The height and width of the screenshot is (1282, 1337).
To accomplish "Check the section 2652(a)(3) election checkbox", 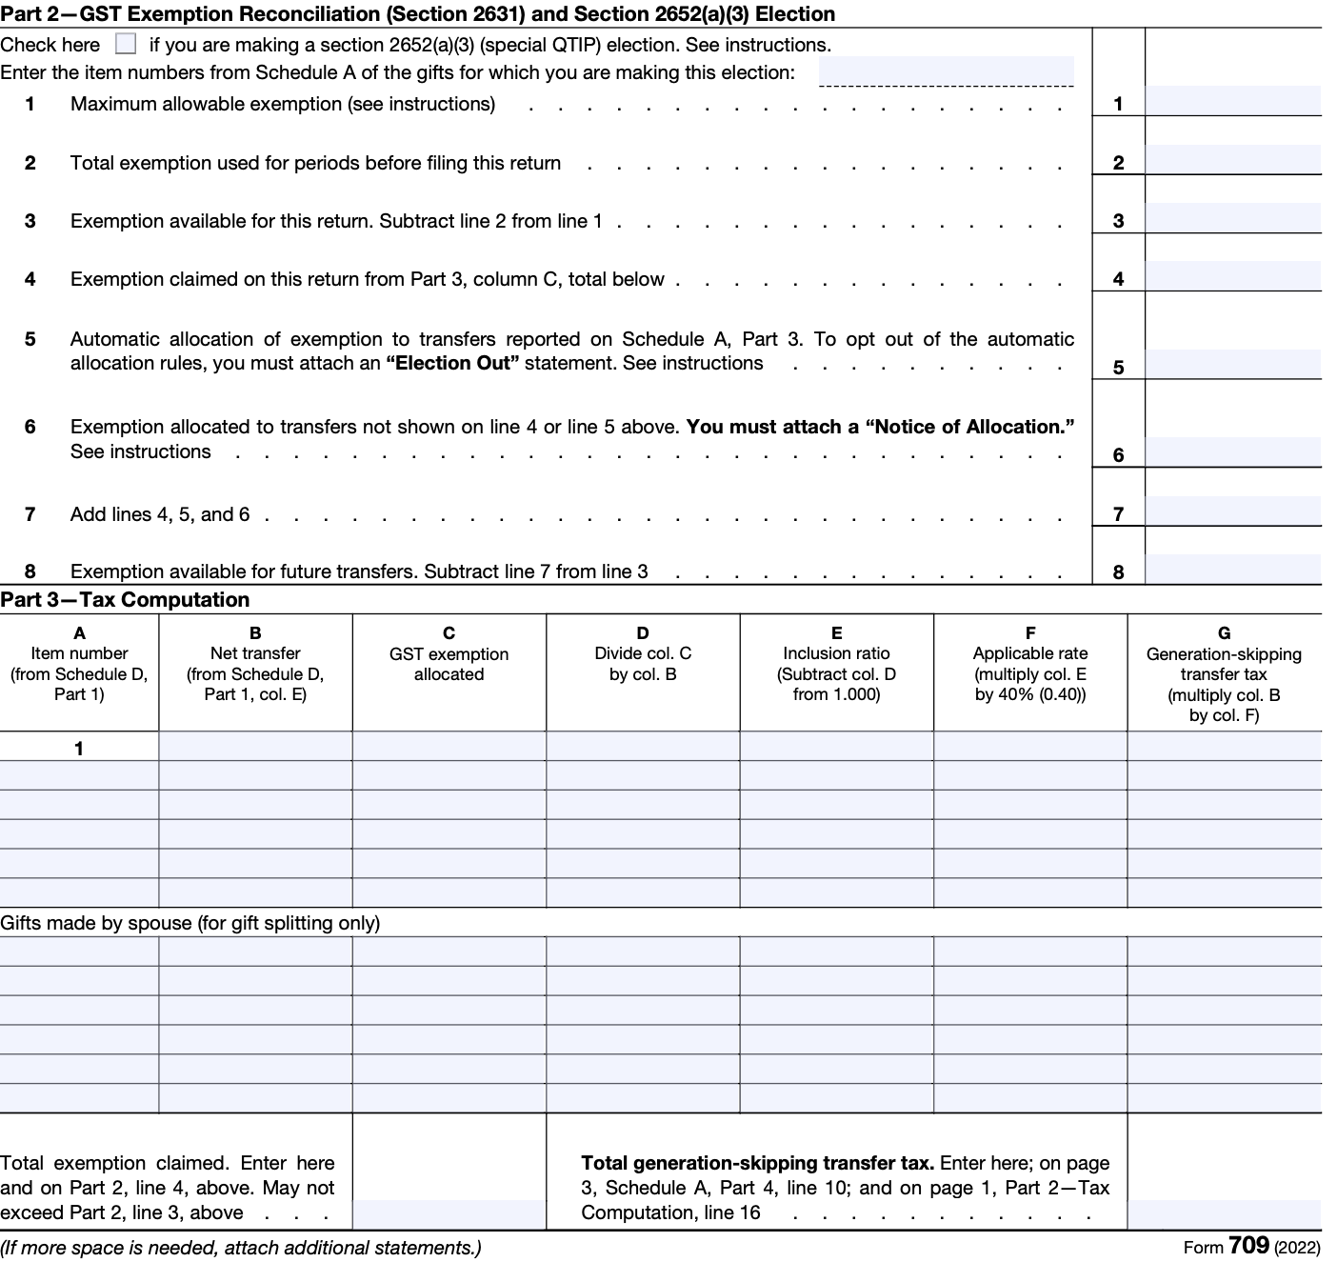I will coord(125,45).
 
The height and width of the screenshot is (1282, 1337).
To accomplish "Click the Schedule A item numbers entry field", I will coord(946,71).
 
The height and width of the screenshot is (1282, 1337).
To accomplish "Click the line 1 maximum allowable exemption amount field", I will coord(1232,101).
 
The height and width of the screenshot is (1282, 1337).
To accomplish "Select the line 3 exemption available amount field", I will coord(1232,218).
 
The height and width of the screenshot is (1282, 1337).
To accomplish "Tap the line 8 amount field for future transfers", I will coord(1232,569).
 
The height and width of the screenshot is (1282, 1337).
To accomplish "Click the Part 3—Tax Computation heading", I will coord(125,600).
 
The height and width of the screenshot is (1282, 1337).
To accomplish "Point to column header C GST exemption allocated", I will coord(449,654).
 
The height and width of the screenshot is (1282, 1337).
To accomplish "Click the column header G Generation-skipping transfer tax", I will coord(1224,673).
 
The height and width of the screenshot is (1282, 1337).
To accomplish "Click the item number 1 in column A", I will coord(79,749).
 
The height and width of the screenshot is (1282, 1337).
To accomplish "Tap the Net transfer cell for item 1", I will coord(255,747).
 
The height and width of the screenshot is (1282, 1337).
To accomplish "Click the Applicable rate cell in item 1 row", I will coord(1029,747).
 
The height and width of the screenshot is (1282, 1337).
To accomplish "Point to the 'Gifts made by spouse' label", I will coord(190,923).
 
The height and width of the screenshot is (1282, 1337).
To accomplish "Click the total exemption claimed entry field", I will coord(449,1214).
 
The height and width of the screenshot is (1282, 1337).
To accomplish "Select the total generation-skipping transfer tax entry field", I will coord(1224,1214).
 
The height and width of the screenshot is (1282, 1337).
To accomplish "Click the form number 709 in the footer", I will coord(1248,1246).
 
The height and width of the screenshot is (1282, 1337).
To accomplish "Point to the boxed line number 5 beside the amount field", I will coord(1118,368).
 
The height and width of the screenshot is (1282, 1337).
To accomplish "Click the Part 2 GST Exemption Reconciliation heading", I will coord(417,14).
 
